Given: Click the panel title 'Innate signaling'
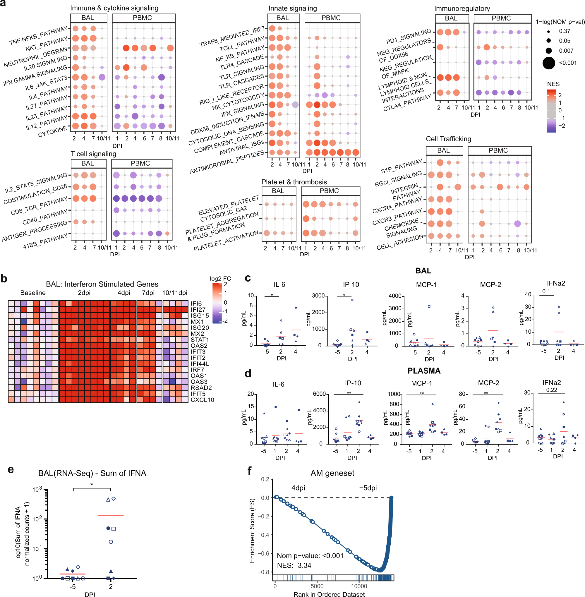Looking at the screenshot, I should [x=293, y=8].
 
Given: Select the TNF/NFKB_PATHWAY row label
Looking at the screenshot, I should [x=38, y=36].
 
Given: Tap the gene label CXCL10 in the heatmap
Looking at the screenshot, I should [x=202, y=400].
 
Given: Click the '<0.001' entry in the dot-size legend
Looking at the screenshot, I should [x=568, y=63].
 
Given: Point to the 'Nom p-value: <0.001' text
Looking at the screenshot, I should [x=310, y=555].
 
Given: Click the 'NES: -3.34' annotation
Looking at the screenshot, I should [x=294, y=565].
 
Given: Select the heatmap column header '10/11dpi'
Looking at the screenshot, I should [x=175, y=293].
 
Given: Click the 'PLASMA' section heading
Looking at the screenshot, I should [x=424, y=371].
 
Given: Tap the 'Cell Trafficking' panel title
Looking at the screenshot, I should [x=448, y=139].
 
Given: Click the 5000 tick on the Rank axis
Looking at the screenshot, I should [x=317, y=586].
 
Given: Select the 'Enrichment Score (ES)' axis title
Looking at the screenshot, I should [x=252, y=530].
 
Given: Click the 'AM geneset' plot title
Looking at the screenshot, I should [x=332, y=473].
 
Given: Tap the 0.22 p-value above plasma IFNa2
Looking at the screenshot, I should [x=552, y=390].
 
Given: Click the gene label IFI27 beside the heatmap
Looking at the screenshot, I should [x=198, y=310].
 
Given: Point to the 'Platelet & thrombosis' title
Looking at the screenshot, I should [x=294, y=182].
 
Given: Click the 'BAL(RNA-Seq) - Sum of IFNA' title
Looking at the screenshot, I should [x=92, y=473].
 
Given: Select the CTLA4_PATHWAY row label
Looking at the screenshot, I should [x=407, y=103].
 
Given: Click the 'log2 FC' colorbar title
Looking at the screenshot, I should [x=220, y=278].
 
